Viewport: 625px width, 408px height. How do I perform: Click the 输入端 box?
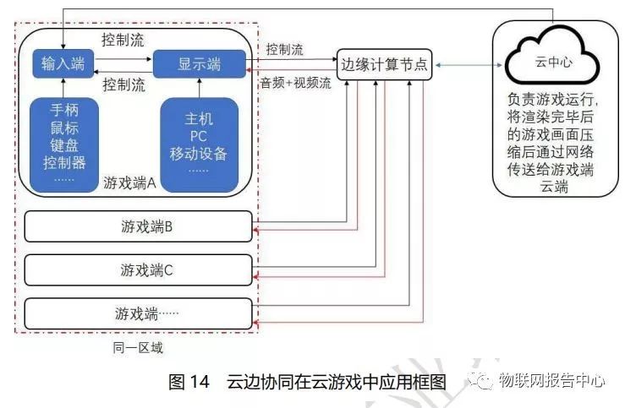63,63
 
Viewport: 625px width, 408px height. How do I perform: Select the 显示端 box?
200,63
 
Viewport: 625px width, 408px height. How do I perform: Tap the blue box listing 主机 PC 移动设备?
200,144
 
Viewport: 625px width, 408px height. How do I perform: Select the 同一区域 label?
136,346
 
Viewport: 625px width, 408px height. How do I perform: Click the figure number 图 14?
189,382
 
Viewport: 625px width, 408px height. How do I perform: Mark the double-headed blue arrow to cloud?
464,64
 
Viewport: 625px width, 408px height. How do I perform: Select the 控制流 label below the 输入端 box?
123,85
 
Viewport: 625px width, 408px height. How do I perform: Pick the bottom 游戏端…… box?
139,313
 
